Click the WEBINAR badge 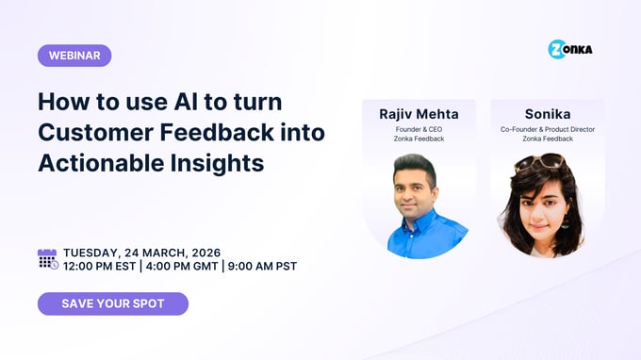point(74,56)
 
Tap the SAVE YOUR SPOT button point(113,303)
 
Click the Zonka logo point(570,50)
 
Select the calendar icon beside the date point(47,259)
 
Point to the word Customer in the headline point(96,132)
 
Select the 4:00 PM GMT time point(186,267)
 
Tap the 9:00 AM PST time point(261,267)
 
